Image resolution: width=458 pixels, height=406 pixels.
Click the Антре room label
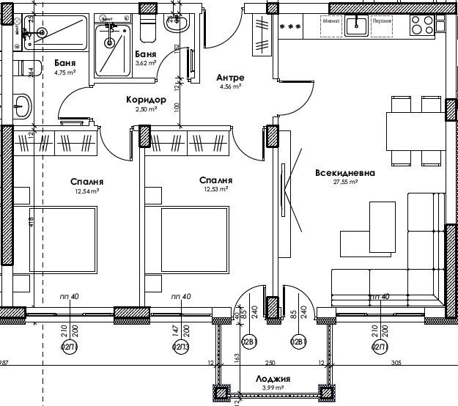pyautogui.click(x=230, y=78)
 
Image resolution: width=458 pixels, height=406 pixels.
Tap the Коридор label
pyautogui.click(x=147, y=100)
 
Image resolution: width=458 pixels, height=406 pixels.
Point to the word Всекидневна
pyautogui.click(x=344, y=174)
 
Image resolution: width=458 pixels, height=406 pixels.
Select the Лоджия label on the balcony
pyautogui.click(x=273, y=379)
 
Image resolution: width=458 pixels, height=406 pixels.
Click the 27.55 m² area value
pyautogui.click(x=344, y=183)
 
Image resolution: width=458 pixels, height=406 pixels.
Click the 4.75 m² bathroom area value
pyautogui.click(x=65, y=73)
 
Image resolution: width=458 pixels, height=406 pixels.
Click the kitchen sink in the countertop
pyautogui.click(x=357, y=26)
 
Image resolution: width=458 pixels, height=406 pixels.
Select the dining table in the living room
pyautogui.click(x=416, y=130)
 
